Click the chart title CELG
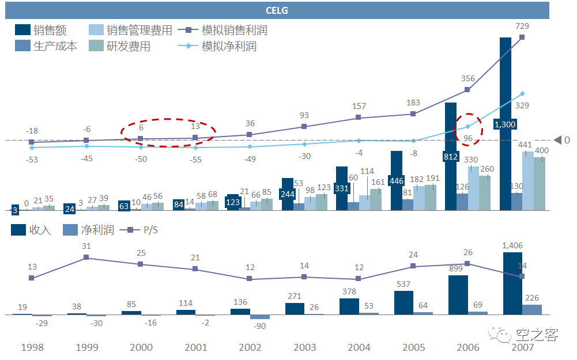tap(277, 10)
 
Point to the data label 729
tap(522, 26)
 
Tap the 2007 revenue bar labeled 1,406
tap(512, 283)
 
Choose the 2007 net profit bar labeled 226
tap(532, 309)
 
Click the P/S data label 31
tap(86, 246)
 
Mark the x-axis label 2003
tap(304, 347)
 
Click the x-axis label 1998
tap(32, 347)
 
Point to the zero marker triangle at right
tap(557, 140)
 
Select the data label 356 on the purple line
tap(468, 78)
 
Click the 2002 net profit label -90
tap(259, 326)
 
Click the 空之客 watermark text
tap(537, 334)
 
